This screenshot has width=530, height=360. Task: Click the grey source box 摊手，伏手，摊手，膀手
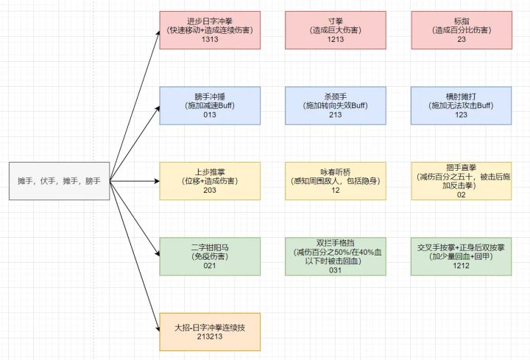(60, 180)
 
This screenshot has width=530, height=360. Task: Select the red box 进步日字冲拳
(210, 30)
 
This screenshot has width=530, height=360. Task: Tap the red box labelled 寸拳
(336, 30)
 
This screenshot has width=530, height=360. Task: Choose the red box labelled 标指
(462, 30)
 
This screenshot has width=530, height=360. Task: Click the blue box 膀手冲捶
(210, 105)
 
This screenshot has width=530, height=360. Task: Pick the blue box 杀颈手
(336, 105)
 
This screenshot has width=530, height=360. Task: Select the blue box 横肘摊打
(462, 105)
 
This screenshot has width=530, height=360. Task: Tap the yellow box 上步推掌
(210, 180)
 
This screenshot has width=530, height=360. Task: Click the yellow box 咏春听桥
(336, 180)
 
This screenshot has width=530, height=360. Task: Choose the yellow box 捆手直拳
(462, 180)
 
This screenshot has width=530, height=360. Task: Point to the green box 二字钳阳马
(210, 255)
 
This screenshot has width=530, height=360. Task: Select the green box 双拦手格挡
(336, 255)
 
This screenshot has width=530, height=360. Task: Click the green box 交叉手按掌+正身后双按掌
(462, 255)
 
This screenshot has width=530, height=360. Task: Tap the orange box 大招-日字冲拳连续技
(210, 331)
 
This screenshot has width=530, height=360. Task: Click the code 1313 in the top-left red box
(210, 40)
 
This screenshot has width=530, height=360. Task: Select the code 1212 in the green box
(462, 266)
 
